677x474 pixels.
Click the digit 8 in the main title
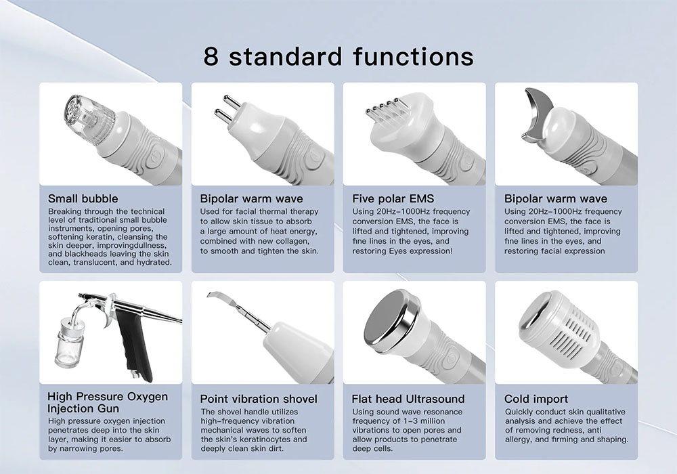tap(211, 57)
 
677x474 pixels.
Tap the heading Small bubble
tap(83, 198)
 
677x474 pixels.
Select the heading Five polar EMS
tap(393, 198)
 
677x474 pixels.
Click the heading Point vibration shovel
tap(259, 399)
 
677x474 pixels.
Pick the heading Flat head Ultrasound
tap(408, 399)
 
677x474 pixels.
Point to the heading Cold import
tap(536, 399)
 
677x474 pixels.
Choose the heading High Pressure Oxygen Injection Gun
tap(108, 402)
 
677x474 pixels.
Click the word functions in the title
tap(413, 57)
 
